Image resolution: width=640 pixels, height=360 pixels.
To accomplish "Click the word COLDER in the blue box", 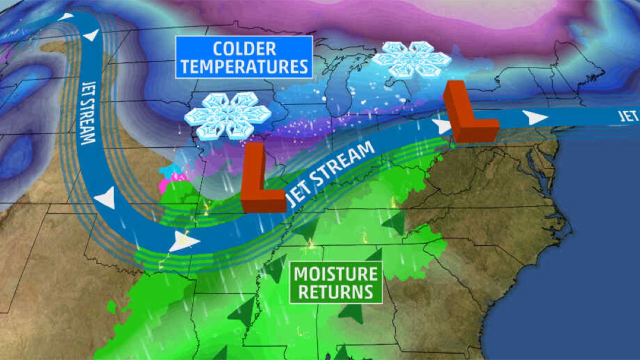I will click(244, 49).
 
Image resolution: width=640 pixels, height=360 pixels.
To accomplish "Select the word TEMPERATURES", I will click(244, 66).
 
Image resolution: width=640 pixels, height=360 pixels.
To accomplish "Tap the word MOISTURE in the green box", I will click(335, 274).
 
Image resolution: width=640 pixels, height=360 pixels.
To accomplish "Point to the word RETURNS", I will click(335, 291).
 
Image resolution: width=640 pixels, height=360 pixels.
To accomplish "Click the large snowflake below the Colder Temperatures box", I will click(227, 115).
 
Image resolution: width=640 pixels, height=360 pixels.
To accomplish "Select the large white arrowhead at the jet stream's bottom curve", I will click(184, 242).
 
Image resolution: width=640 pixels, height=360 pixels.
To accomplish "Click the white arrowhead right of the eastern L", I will click(534, 117).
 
